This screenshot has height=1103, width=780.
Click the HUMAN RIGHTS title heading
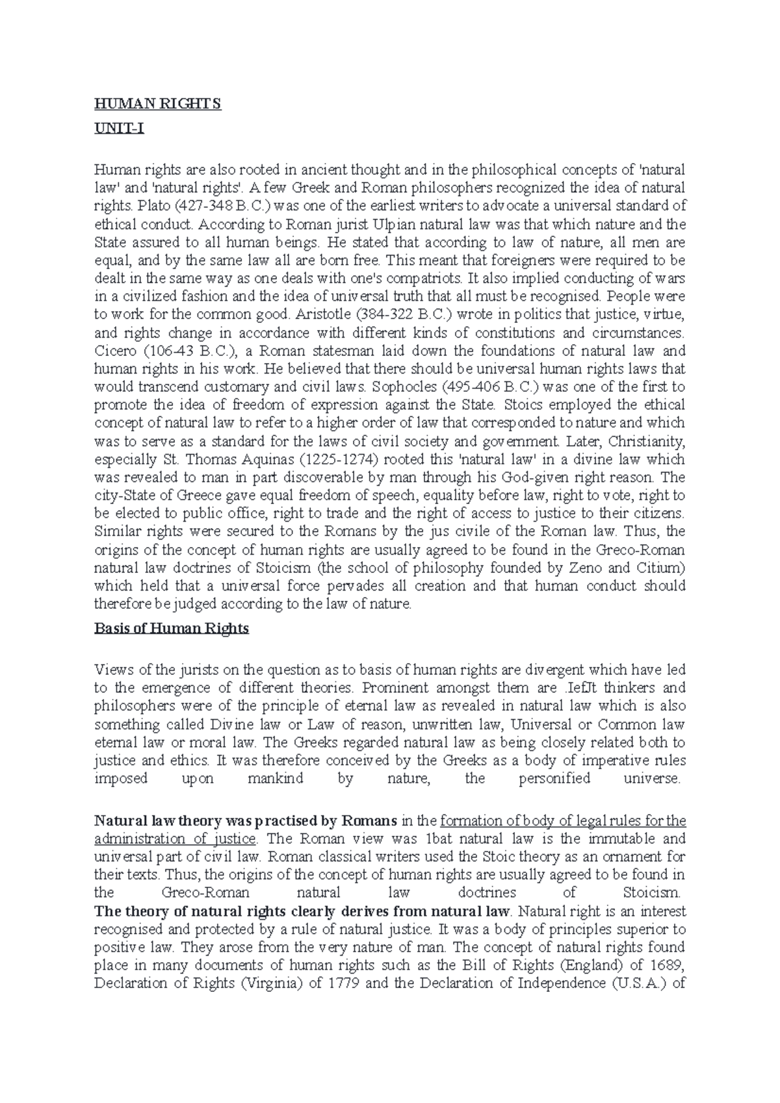[158, 104]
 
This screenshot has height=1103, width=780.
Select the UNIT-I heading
[119, 129]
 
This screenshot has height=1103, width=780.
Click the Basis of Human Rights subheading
[172, 629]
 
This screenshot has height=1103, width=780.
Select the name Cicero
[113, 351]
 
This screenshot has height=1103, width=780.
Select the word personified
[554, 778]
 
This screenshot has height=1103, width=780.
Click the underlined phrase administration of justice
[176, 839]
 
